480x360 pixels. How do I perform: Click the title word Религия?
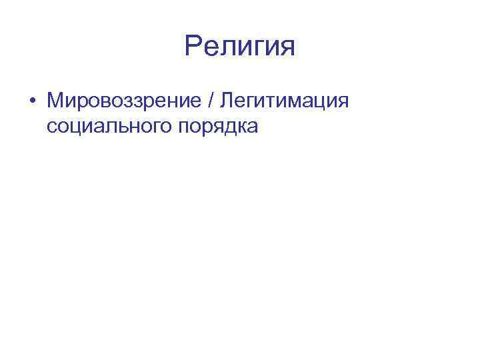pyautogui.click(x=240, y=47)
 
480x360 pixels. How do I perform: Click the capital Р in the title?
pyautogui.click(x=193, y=47)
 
